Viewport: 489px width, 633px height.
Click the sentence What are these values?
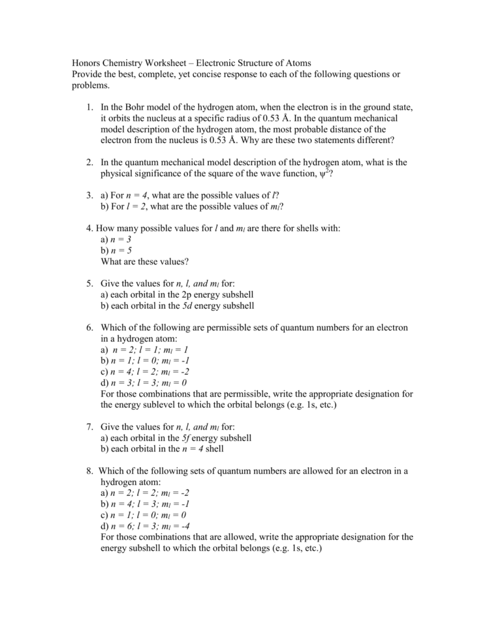tap(144, 262)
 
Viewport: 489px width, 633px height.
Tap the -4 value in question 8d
tap(183, 526)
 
